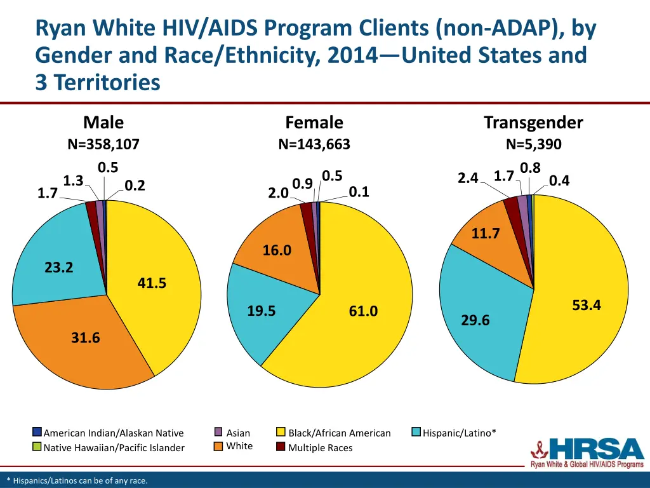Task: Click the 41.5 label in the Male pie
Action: click(x=152, y=283)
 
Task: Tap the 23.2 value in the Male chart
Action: click(x=59, y=268)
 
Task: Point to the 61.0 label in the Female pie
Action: click(x=363, y=311)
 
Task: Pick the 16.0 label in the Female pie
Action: click(x=277, y=250)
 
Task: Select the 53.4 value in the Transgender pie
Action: click(x=586, y=306)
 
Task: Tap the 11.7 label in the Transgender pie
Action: click(x=486, y=234)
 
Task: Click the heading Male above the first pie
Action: click(x=103, y=122)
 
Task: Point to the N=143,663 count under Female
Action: click(x=314, y=144)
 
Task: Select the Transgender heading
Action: click(x=533, y=122)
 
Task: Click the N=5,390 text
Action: click(x=533, y=144)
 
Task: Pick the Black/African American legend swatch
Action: click(x=281, y=432)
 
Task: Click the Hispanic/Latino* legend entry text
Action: click(x=460, y=433)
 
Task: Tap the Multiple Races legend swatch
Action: click(x=281, y=447)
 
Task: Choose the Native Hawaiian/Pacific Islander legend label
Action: click(x=114, y=447)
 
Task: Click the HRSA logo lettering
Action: click(x=597, y=449)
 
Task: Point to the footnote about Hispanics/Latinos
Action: click(x=77, y=480)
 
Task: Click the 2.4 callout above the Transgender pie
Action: click(x=468, y=179)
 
